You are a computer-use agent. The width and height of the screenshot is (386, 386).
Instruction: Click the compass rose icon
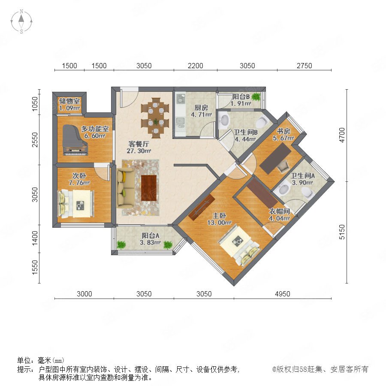tap(21, 21)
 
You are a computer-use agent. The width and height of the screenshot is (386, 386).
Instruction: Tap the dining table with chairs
tap(155, 118)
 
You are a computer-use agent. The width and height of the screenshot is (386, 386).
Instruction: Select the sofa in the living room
tap(126, 187)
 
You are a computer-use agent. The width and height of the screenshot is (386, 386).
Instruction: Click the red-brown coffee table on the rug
tap(149, 188)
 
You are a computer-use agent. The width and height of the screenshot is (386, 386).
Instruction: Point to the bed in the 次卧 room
tap(75, 204)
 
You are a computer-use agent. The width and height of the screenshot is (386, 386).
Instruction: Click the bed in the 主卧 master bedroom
tap(239, 245)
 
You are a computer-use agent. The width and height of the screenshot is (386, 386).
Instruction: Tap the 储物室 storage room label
tap(69, 101)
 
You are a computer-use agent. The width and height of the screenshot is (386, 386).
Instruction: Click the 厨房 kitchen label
tap(201, 108)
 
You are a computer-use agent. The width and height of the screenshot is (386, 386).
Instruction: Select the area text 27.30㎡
tap(139, 151)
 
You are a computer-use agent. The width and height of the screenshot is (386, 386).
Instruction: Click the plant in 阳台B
tap(256, 96)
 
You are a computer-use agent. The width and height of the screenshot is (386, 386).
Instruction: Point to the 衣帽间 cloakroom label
tap(279, 211)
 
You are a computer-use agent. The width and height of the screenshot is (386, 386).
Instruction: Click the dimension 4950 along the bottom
tap(282, 294)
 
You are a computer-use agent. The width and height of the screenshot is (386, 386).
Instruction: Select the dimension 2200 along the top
tap(196, 66)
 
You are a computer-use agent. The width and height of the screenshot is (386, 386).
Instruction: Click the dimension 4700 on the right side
tap(342, 135)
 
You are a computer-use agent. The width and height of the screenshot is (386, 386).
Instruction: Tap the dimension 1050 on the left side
tap(35, 104)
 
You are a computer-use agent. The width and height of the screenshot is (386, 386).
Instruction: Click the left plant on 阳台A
tap(121, 245)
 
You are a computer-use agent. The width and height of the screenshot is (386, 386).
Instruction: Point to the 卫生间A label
tap(302, 175)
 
